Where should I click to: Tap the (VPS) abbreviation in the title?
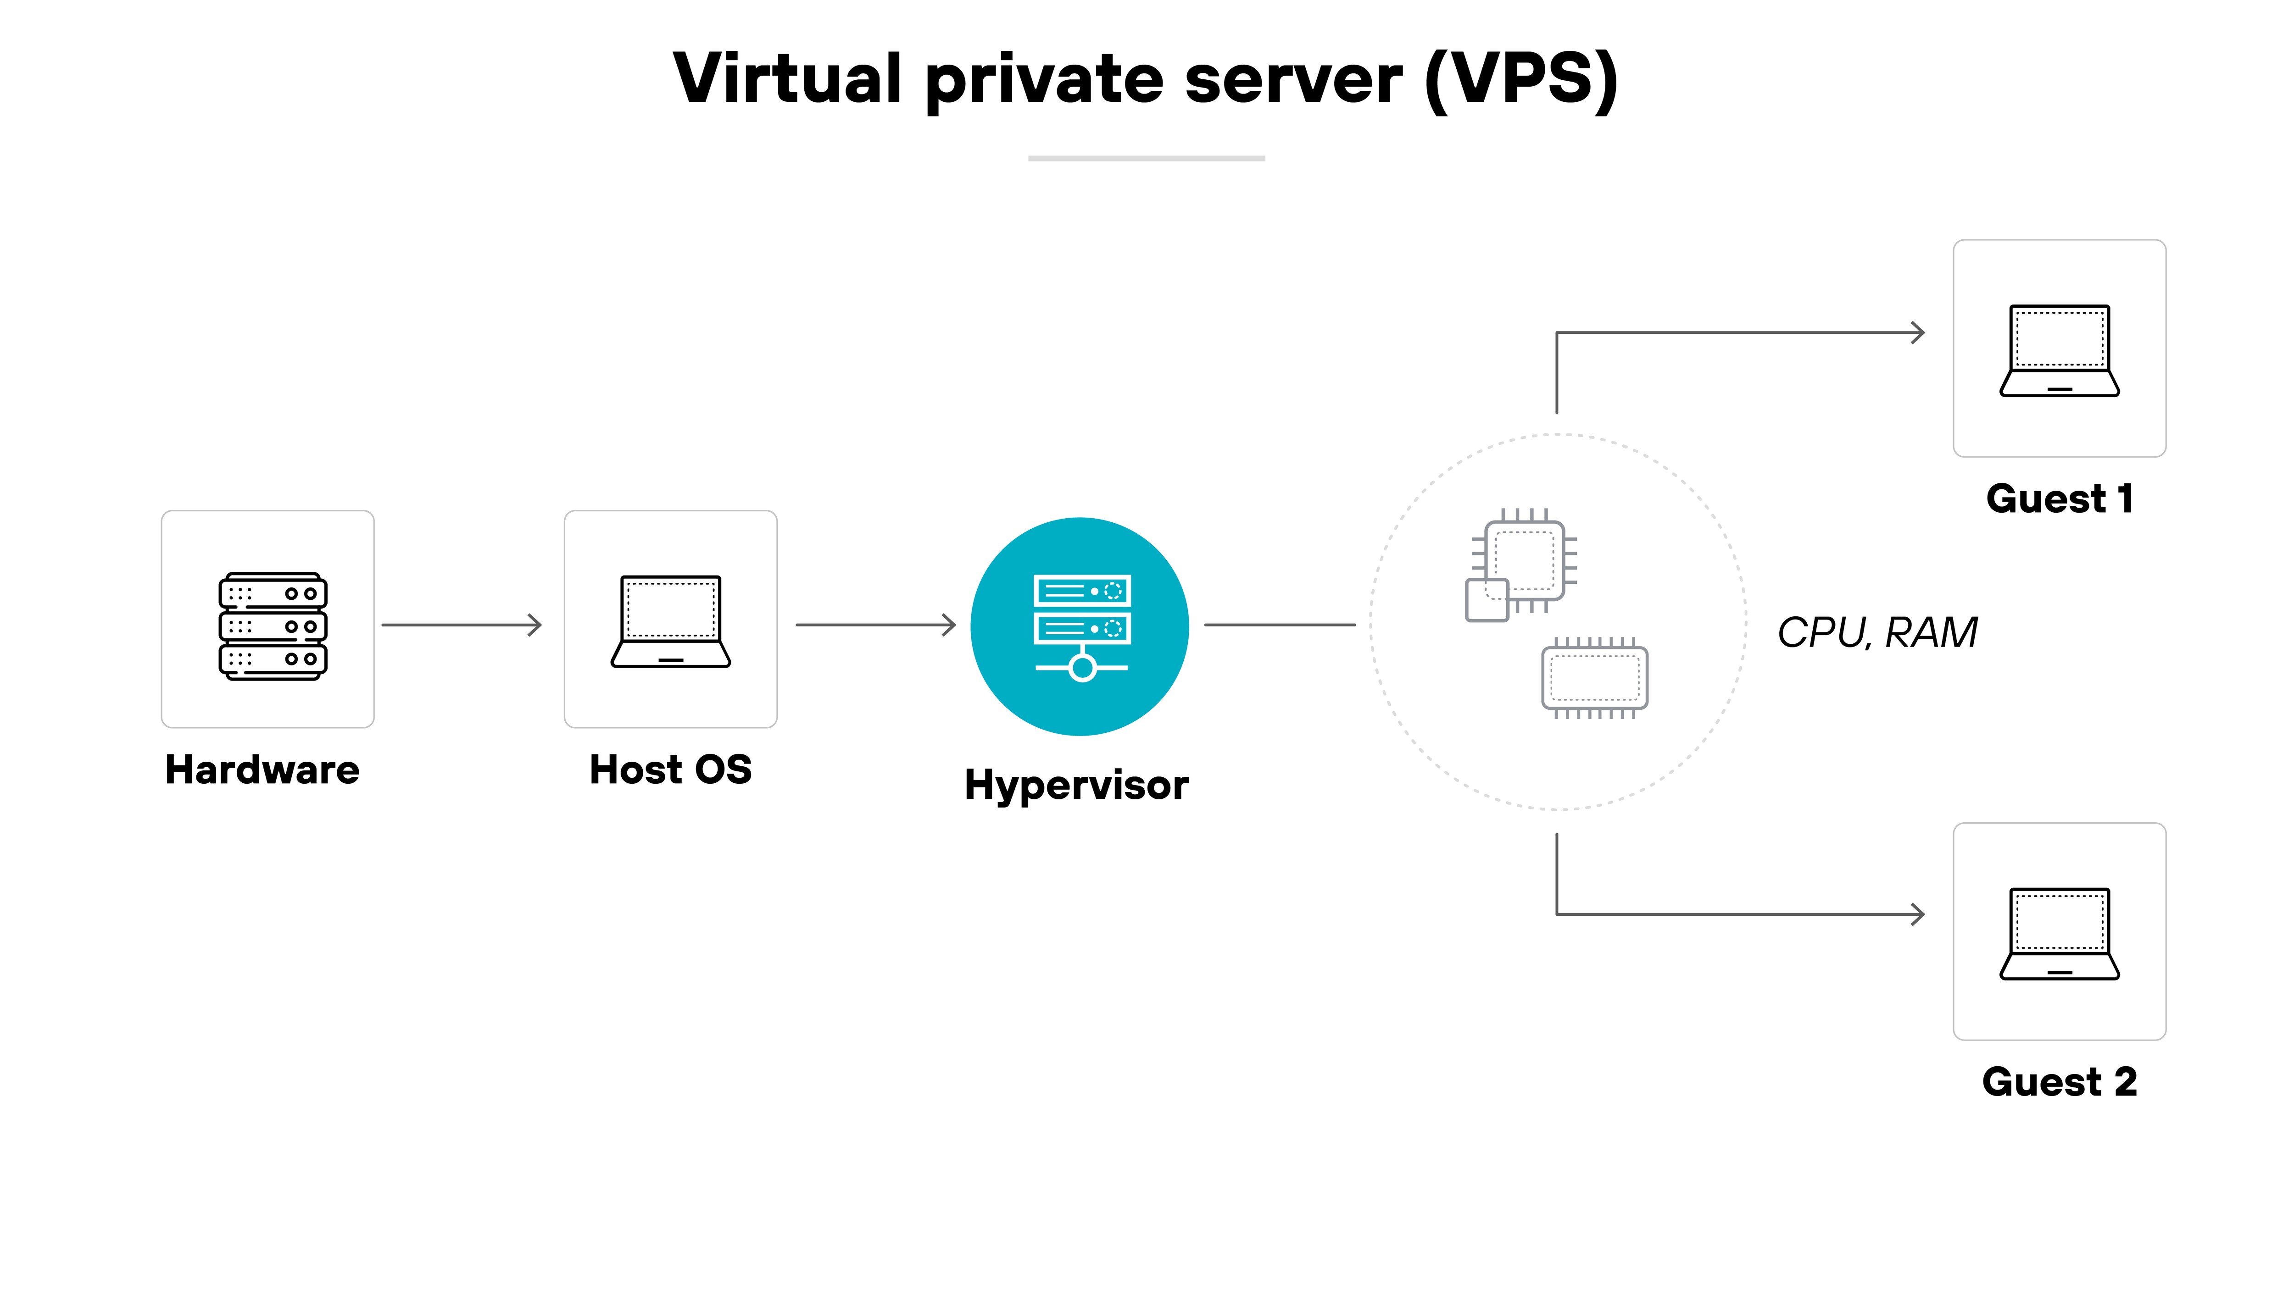(x=1521, y=80)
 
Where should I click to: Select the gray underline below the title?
(x=1146, y=159)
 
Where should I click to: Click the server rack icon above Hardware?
(x=273, y=626)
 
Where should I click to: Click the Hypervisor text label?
(x=1076, y=785)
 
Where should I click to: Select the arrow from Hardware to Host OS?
(x=461, y=625)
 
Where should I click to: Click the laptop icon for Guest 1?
(x=2059, y=351)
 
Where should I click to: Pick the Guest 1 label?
(x=2059, y=498)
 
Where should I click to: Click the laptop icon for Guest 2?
(x=2059, y=934)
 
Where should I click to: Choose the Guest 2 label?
(x=2059, y=1082)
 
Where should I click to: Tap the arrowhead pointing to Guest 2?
(x=1917, y=914)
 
